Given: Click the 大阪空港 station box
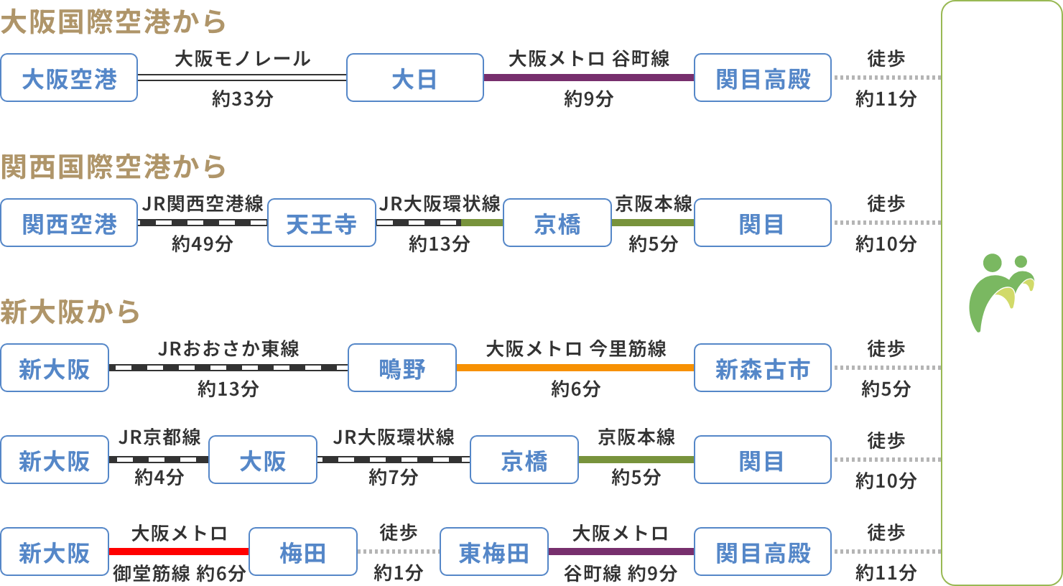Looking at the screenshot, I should pos(69,78).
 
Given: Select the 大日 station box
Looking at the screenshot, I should pos(414,78).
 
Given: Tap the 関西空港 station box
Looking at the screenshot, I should pos(69,223).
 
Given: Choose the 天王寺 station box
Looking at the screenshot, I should pos(321,223).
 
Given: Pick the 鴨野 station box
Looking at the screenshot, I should pos(401,368).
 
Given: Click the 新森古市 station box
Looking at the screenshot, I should pos(762,368).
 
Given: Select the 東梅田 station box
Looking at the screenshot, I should pos(493,552).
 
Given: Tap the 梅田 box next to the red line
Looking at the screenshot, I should pos(302,552).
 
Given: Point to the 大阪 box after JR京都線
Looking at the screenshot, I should pos(262,460).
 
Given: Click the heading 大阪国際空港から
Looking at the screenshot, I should pos(113,22).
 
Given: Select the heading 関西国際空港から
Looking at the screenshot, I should pos(113,167).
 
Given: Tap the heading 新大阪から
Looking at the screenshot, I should pos(70,312).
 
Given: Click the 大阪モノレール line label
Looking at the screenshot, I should pos(242,59).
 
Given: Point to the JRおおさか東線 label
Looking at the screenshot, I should pos(228,349).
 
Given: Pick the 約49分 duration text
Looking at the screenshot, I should pos(202,244).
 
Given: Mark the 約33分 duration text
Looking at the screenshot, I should pos(242,99).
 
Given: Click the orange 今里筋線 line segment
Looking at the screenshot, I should pos(575,368).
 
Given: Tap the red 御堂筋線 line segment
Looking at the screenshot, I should pos(179,552).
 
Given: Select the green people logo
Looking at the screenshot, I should pos(1001,292).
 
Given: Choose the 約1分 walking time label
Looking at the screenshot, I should pos(398,572).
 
